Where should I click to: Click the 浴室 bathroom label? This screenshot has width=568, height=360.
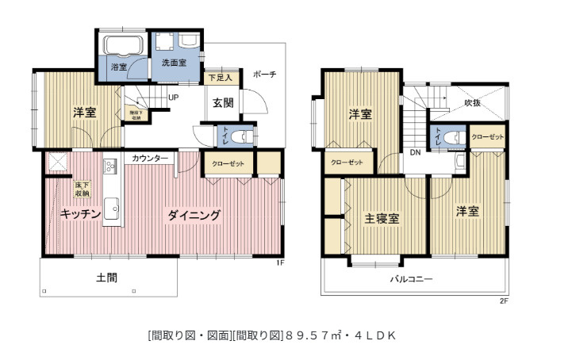(x=119, y=67)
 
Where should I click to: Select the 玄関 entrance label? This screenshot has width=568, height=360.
(x=222, y=102)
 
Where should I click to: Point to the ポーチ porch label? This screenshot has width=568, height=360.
(x=264, y=75)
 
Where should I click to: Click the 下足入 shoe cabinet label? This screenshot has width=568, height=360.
(x=220, y=78)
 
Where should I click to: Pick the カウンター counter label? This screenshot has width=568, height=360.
(x=151, y=159)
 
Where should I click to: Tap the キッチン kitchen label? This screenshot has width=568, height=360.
(x=80, y=214)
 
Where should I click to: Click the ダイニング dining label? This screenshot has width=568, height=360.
(x=193, y=214)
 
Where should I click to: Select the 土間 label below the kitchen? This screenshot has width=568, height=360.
(x=107, y=278)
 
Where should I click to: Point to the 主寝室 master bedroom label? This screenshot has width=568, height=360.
(x=381, y=217)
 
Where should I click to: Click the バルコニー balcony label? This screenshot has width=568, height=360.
(x=411, y=279)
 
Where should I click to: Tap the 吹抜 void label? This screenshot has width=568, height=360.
(x=473, y=102)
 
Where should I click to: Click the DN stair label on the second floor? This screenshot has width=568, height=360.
(x=415, y=152)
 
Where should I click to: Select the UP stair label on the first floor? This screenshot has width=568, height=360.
(x=173, y=98)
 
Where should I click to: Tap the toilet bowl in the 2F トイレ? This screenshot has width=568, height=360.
(x=455, y=138)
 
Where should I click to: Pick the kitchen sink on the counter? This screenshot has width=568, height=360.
(x=110, y=211)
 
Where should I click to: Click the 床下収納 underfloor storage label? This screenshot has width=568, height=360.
(x=83, y=189)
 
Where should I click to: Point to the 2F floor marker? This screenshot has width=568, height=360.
(x=503, y=301)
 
